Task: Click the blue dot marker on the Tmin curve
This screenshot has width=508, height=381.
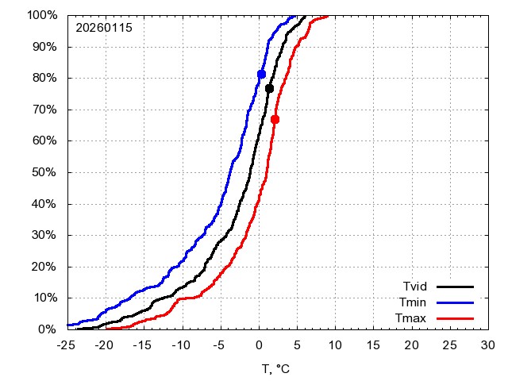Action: point(261,74)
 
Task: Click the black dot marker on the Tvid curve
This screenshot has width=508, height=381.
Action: point(269,88)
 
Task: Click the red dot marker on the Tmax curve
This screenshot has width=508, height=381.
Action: point(275,119)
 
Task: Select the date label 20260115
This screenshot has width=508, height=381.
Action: point(104,28)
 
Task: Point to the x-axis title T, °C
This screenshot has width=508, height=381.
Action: point(277,368)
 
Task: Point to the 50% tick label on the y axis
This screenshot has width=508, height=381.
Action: point(43,172)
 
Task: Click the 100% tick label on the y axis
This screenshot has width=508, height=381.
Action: point(40,15)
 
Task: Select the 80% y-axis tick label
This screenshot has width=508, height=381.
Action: point(43,78)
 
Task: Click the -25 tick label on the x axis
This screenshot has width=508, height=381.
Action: point(67,345)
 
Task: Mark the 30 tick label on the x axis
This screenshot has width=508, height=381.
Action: point(488,345)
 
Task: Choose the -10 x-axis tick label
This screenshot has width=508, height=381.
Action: point(182,345)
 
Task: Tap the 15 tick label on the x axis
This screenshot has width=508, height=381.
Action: point(373,345)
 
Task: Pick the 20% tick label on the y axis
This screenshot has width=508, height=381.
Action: point(43,266)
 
